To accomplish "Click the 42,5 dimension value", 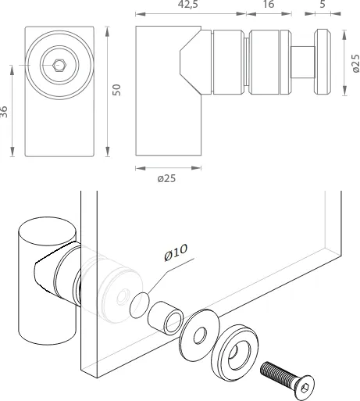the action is tap(187, 4).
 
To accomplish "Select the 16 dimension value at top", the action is tap(269, 4).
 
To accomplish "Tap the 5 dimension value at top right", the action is tap(323, 4).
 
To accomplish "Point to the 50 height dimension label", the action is tap(117, 90).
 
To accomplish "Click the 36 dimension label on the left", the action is tap(4, 112).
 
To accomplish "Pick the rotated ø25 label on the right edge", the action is tap(355, 63).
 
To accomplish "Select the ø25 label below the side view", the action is tap(166, 178).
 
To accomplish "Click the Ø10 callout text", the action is tap(176, 252).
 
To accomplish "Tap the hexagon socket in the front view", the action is tap(59, 65).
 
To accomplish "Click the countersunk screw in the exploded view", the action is tap(287, 381).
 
